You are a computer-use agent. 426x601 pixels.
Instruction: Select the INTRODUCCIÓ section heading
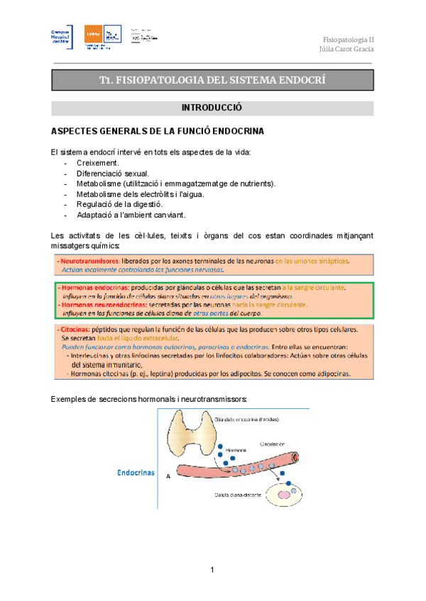(212, 108)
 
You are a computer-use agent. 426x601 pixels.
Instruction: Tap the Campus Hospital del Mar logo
(61, 37)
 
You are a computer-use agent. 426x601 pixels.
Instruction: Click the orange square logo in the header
(93, 32)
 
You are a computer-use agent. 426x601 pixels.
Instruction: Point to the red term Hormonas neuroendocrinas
(99, 305)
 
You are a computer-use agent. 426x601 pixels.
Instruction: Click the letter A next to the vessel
(168, 477)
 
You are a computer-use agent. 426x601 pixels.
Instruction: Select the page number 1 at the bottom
(212, 571)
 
